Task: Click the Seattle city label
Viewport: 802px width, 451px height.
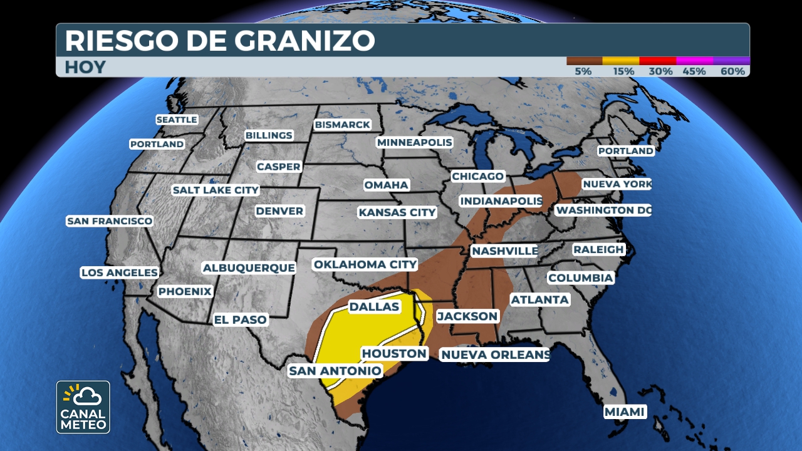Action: point(177,120)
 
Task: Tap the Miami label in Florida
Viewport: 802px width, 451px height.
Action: point(625,412)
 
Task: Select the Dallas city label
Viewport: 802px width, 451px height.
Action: point(374,307)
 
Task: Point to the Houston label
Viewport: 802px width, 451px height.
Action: point(394,353)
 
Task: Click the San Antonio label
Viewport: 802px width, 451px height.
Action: point(335,371)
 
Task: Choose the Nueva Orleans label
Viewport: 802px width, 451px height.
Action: point(495,355)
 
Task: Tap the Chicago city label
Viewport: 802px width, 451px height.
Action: point(477,177)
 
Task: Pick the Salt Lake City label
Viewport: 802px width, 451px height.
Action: point(216,190)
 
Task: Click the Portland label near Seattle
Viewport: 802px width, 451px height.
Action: point(157,144)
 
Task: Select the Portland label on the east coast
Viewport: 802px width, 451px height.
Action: point(625,151)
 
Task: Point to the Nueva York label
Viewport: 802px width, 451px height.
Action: point(617,184)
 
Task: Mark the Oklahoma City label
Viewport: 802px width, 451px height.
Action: point(365,264)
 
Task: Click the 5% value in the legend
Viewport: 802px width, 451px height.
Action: point(583,71)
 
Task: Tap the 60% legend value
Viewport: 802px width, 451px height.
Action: point(732,71)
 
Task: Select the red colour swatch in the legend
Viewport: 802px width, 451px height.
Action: point(658,61)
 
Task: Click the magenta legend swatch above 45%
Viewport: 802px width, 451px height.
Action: point(695,61)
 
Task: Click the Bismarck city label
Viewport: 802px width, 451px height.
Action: point(342,125)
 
